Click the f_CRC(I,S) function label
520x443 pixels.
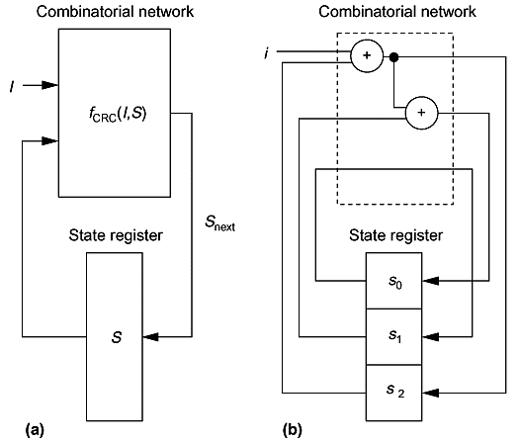tap(118, 114)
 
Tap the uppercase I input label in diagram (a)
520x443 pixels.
tap(12, 87)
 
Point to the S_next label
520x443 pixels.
tap(219, 222)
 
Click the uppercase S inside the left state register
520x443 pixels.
tap(117, 337)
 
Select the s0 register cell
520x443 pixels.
tap(394, 281)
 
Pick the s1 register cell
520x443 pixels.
tap(394, 337)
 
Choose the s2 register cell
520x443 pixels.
tap(394, 393)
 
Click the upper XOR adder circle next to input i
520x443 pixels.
tap(367, 55)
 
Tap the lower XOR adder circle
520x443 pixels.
tap(421, 113)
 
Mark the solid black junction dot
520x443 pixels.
tap(393, 57)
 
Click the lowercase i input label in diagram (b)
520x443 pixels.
tap(266, 53)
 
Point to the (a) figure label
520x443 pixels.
tap(35, 430)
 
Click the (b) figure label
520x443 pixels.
tap(293, 430)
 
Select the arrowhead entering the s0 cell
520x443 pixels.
tap(430, 281)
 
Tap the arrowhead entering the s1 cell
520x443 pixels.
tap(430, 337)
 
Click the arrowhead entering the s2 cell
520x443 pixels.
tap(430, 393)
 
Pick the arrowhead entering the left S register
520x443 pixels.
tap(150, 337)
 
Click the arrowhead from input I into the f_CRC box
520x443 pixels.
tap(50, 85)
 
